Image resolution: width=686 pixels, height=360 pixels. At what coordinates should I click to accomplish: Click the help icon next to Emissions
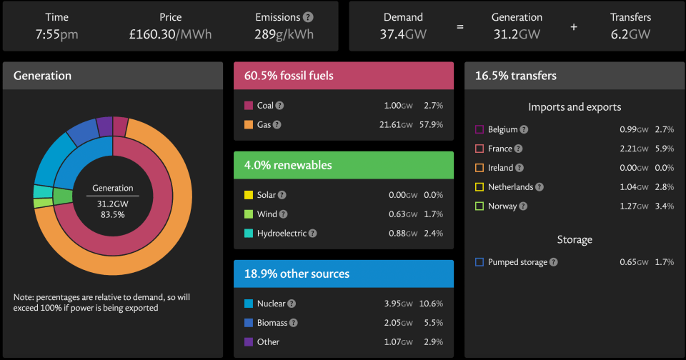pyautogui.click(x=309, y=17)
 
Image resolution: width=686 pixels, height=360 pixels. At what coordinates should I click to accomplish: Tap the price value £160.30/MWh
pyautogui.click(x=170, y=34)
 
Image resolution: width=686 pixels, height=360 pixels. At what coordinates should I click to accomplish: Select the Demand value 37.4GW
pyautogui.click(x=403, y=34)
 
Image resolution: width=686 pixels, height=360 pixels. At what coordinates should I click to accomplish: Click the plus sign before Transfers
pyautogui.click(x=574, y=26)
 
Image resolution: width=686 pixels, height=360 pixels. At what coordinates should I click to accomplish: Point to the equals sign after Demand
pyautogui.click(x=459, y=26)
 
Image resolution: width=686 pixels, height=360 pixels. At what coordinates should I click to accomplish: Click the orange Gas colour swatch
pyautogui.click(x=249, y=125)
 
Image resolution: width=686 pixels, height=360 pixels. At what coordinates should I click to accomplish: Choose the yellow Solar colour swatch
pyautogui.click(x=249, y=195)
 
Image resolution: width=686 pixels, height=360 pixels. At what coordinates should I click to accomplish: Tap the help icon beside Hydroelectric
pyautogui.click(x=312, y=233)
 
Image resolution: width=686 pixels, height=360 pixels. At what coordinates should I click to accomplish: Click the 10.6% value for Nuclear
pyautogui.click(x=431, y=303)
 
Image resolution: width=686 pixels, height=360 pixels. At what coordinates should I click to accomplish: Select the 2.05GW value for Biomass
pyautogui.click(x=398, y=322)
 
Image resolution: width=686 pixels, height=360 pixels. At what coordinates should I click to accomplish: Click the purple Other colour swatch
pyautogui.click(x=249, y=341)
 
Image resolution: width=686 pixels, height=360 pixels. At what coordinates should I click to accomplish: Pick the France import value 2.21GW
pyautogui.click(x=634, y=149)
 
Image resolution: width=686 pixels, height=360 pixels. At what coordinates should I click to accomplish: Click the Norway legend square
pyautogui.click(x=479, y=206)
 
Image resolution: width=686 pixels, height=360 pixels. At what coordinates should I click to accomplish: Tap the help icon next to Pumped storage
pyautogui.click(x=553, y=262)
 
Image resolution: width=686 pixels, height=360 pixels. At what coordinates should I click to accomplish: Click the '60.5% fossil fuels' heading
pyautogui.click(x=289, y=76)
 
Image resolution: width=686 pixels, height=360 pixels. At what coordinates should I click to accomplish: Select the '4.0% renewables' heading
pyautogui.click(x=288, y=165)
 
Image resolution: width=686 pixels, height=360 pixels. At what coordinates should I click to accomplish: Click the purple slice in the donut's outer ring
pyautogui.click(x=105, y=126)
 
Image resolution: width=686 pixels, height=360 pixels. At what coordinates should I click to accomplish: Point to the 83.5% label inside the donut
pyautogui.click(x=112, y=214)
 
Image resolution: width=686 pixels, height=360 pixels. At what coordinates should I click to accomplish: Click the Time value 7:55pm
pyautogui.click(x=57, y=34)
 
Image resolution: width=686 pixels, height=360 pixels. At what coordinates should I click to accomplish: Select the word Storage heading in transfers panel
pyautogui.click(x=575, y=240)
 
